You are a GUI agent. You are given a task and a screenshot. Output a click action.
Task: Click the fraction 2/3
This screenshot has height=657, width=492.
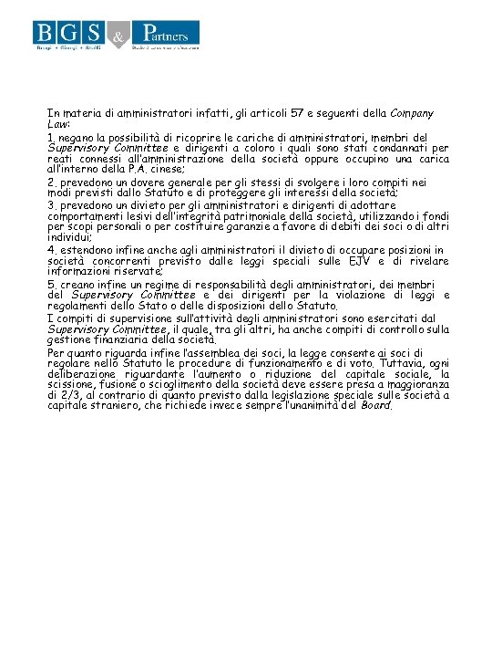coord(65,395)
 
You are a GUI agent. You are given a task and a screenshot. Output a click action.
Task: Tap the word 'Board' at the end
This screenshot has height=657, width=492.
coord(376,406)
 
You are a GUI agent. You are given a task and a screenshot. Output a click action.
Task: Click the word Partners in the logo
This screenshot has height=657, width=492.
coord(164,31)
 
